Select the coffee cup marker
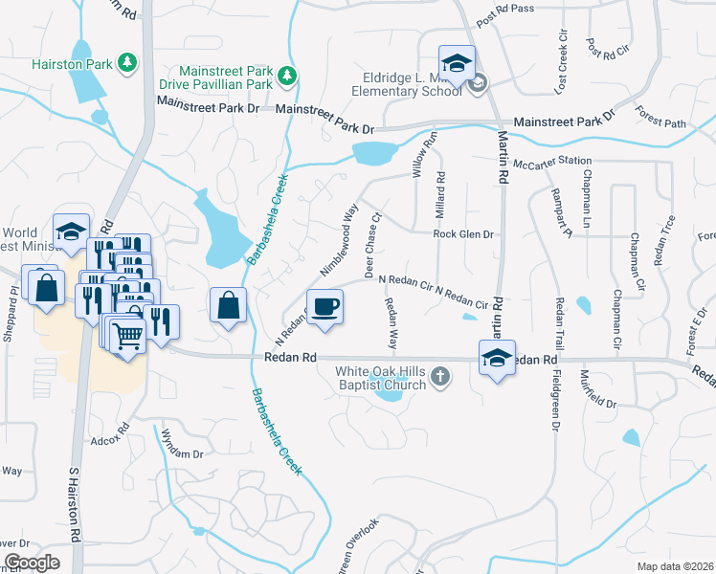click(325, 306)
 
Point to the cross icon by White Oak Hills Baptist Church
click(439, 375)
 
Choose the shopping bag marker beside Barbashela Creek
click(228, 306)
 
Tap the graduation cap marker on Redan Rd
click(497, 359)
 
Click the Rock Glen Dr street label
click(462, 233)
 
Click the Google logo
click(32, 562)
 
